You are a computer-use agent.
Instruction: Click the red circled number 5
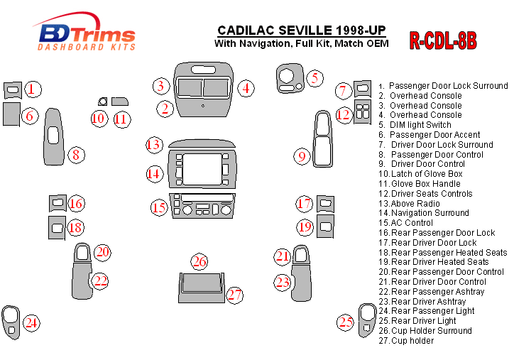[315, 79]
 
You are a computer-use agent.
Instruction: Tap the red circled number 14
[155, 173]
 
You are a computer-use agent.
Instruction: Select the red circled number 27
[235, 294]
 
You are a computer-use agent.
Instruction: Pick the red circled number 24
[31, 323]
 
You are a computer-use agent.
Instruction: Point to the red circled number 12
[344, 114]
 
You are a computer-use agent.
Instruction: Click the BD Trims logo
[84, 36]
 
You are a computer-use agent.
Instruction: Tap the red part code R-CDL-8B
[442, 40]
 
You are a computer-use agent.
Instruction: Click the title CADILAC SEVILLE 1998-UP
[301, 30]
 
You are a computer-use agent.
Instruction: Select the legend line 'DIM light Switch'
[420, 124]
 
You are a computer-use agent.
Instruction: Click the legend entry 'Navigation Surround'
[429, 212]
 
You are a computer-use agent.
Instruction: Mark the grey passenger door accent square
[11, 114]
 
